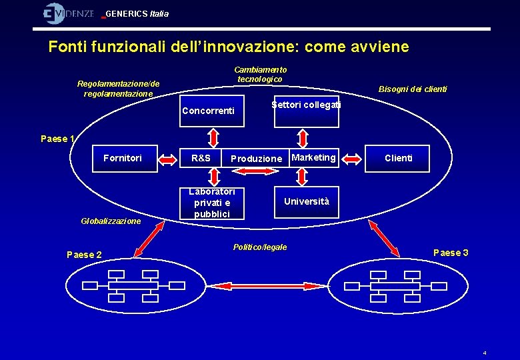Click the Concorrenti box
(208, 111)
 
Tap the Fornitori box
(123, 158)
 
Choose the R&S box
(201, 158)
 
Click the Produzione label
(256, 159)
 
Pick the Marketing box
(314, 157)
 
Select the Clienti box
(399, 158)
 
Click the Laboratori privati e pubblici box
(212, 203)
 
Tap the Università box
(307, 201)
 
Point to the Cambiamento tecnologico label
(260, 74)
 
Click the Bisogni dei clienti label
(413, 89)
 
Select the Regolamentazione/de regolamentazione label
(119, 89)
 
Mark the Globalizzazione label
(111, 221)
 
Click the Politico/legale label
(260, 247)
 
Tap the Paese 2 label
(85, 255)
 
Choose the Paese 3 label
(451, 253)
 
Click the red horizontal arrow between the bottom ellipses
(259, 286)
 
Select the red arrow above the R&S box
(213, 136)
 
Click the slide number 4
(485, 353)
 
